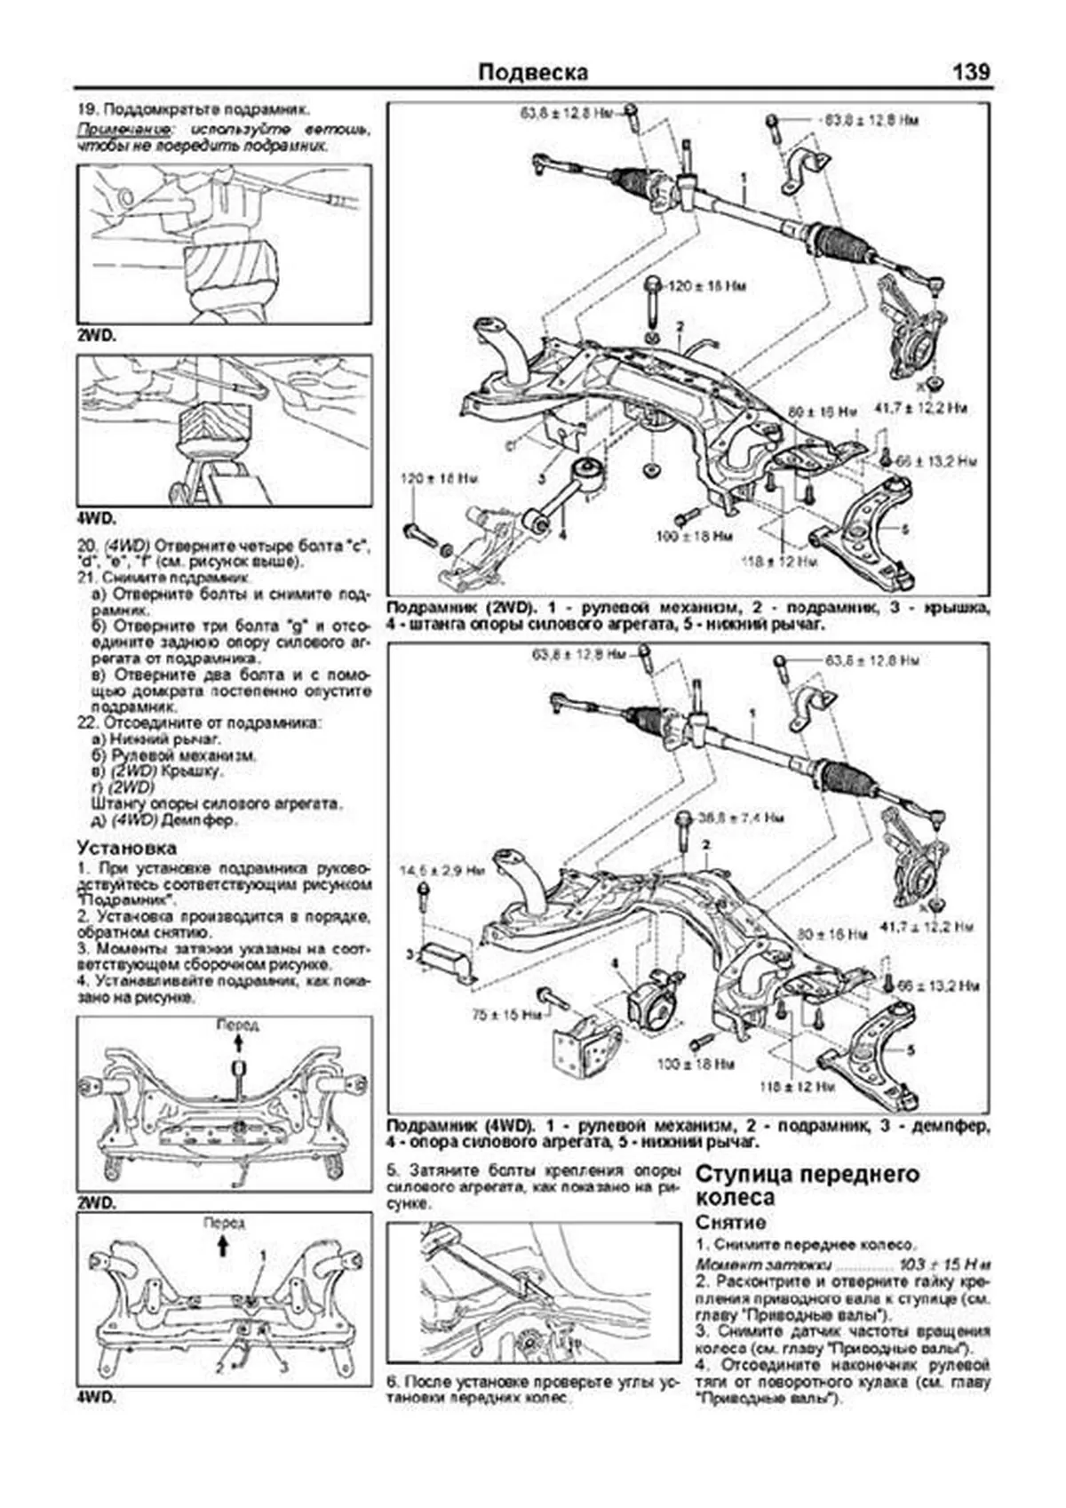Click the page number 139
click(x=970, y=73)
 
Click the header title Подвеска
click(x=532, y=73)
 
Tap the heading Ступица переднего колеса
click(x=807, y=1185)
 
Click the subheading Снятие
click(x=730, y=1223)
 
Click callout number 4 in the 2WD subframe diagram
click(x=561, y=535)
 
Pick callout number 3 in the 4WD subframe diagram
click(x=410, y=954)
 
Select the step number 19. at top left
click(x=87, y=110)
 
